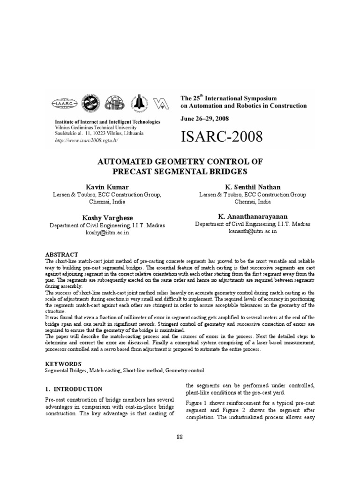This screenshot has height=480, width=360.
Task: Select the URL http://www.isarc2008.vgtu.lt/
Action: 86,140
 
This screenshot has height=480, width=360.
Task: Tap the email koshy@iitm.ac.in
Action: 107,232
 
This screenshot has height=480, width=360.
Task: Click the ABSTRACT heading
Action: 61,254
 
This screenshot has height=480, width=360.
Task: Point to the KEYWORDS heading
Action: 63,363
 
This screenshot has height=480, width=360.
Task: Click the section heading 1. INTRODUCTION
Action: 74,389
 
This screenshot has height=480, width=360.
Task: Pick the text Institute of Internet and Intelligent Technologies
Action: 107,121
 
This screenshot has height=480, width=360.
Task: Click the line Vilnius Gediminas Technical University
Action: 96,127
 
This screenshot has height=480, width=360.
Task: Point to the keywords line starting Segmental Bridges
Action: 124,370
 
